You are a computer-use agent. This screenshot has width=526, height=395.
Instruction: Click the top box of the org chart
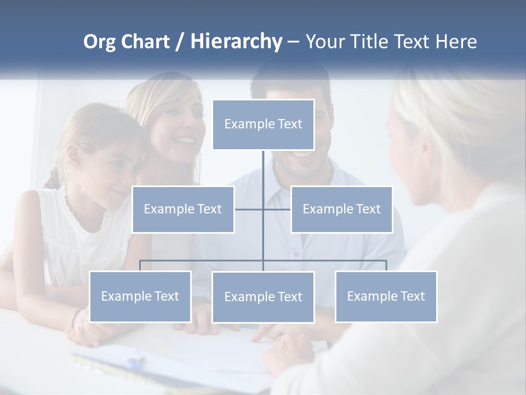pyautogui.click(x=263, y=125)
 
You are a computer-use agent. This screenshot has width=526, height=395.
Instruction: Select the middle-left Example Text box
pyautogui.click(x=183, y=209)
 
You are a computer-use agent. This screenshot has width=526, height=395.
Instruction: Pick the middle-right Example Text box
pyautogui.click(x=341, y=209)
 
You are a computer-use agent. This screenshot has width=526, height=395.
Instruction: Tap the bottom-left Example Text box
pyautogui.click(x=140, y=296)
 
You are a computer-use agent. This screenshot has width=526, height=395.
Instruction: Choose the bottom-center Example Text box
pyautogui.click(x=263, y=297)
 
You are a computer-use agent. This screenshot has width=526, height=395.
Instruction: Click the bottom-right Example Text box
pyautogui.click(x=386, y=296)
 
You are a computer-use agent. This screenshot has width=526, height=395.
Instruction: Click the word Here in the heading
pyautogui.click(x=456, y=42)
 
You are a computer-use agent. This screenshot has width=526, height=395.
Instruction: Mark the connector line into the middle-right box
pyautogui.click(x=277, y=209)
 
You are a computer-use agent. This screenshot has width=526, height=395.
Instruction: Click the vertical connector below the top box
pyautogui.click(x=263, y=176)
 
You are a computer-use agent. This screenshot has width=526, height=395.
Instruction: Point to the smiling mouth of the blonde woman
pyautogui.click(x=184, y=141)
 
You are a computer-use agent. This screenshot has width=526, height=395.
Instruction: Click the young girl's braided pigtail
pyautogui.click(x=53, y=179)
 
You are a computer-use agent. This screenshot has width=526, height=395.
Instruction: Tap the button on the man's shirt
pyautogui.click(x=296, y=255)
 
